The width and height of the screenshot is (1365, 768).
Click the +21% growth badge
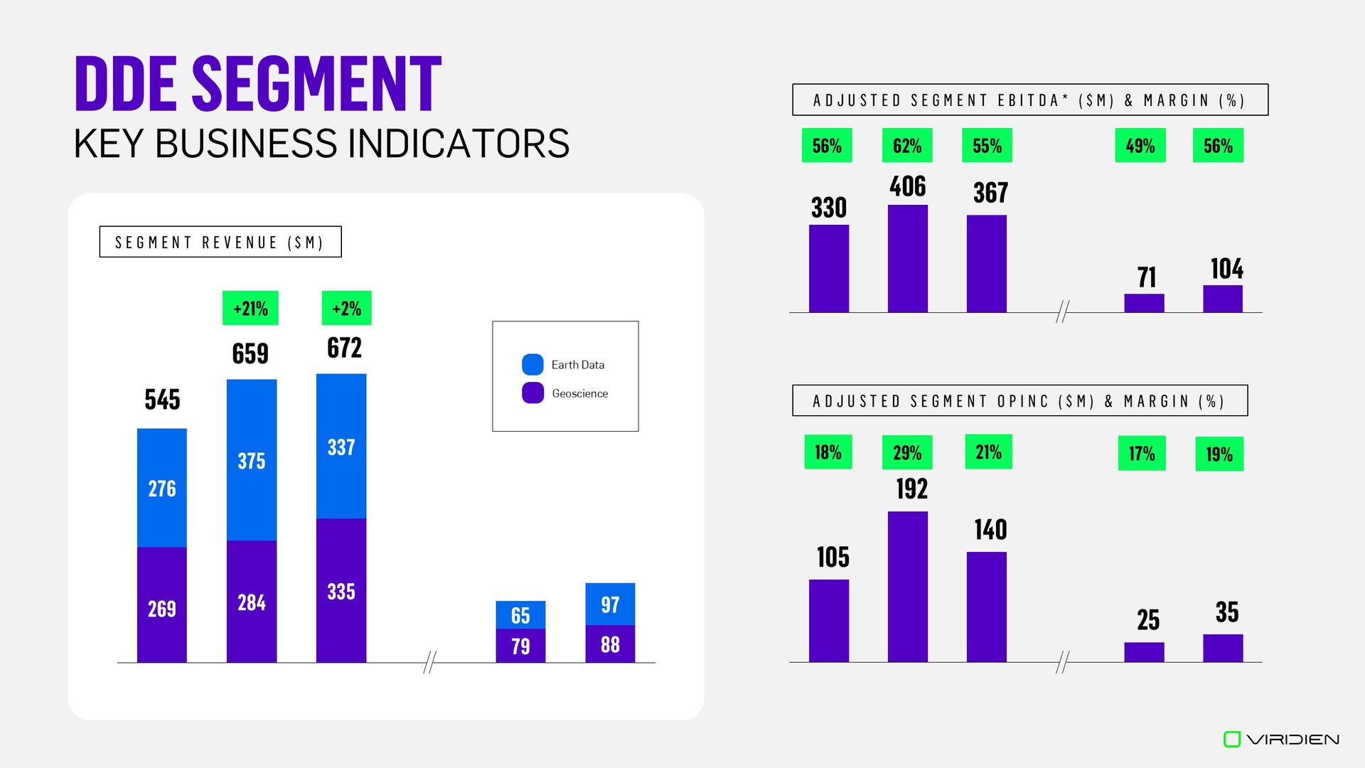[250, 308]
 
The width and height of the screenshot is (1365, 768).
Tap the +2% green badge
[346, 308]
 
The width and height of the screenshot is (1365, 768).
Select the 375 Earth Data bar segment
[252, 460]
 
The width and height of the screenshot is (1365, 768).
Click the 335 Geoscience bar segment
[341, 590]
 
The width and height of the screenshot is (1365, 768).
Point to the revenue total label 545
[162, 399]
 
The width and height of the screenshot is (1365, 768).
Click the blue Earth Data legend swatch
[532, 365]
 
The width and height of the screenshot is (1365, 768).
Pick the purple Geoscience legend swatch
[532, 393]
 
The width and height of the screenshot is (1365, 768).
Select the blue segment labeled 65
[520, 614]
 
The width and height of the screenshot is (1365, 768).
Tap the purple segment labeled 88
[610, 644]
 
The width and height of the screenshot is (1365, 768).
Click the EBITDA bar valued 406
[907, 259]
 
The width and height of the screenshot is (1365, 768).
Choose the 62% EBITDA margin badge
[907, 146]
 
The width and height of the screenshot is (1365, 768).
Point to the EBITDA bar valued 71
[1144, 303]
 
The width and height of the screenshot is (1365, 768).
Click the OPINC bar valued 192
[907, 587]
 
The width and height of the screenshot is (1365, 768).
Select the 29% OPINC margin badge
[907, 452]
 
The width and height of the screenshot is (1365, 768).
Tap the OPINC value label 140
[990, 530]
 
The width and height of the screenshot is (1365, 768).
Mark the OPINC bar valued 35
[1223, 648]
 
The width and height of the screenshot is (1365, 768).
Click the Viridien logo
[1281, 740]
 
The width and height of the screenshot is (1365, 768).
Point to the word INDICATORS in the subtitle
[459, 144]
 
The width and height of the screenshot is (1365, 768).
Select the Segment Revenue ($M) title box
[220, 242]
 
